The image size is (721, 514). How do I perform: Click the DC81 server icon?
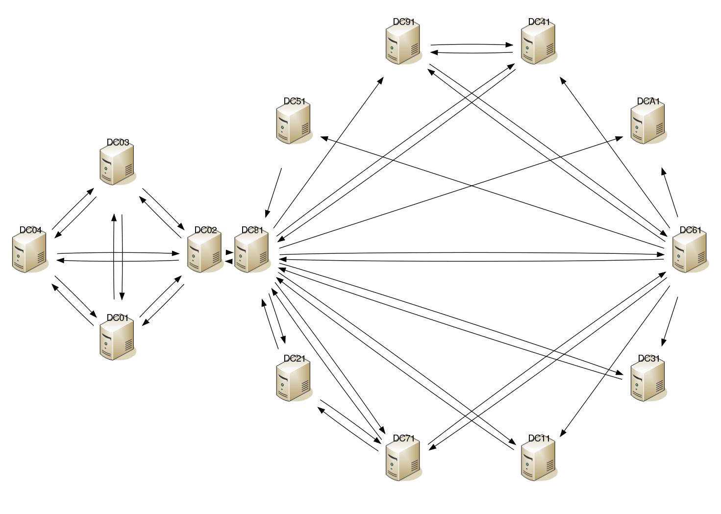click(252, 252)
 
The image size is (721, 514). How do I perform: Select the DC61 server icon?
click(689, 252)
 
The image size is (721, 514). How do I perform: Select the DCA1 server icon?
click(648, 124)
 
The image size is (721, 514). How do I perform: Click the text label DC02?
click(205, 230)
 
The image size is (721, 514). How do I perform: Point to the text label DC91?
click(404, 22)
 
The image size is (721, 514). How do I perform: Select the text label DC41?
click(539, 22)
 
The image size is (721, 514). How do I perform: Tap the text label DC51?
click(295, 101)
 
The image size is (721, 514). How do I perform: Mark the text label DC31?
click(649, 359)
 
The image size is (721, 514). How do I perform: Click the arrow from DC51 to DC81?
click(273, 193)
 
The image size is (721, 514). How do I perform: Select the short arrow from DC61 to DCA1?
click(670, 193)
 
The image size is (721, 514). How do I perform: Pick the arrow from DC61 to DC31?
click(671, 321)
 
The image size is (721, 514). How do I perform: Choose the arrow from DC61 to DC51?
click(490, 192)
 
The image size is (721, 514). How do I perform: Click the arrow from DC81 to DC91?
click(328, 152)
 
